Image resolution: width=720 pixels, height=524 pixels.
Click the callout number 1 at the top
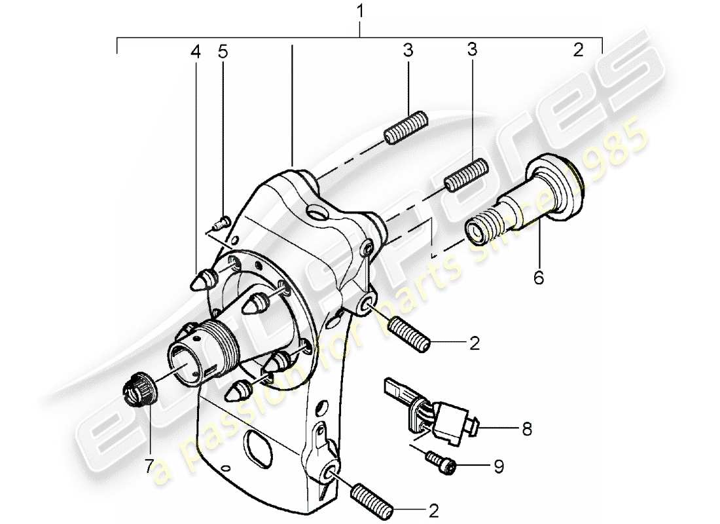pyautogui.click(x=359, y=10)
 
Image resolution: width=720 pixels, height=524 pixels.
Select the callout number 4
pyautogui.click(x=196, y=52)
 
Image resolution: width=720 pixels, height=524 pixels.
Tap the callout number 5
pyautogui.click(x=223, y=52)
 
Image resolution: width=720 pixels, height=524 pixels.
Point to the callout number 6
pyautogui.click(x=538, y=278)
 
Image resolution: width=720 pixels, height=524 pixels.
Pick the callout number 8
pyautogui.click(x=527, y=430)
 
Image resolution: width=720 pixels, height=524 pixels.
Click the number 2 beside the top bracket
pyautogui.click(x=577, y=51)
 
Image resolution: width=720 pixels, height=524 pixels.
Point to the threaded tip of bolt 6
pyautogui.click(x=480, y=230)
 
